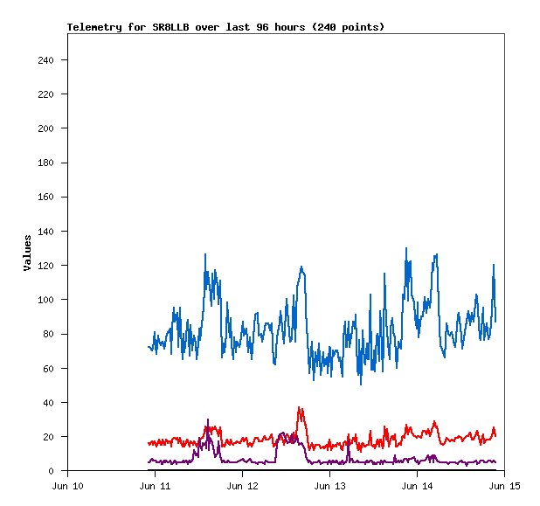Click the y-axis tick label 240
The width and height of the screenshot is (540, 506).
click(x=46, y=60)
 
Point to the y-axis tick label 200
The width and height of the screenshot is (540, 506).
click(x=46, y=128)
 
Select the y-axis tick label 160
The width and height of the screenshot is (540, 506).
click(x=46, y=198)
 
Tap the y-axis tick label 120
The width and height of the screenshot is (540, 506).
click(x=46, y=266)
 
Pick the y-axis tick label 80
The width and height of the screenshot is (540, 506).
click(x=49, y=334)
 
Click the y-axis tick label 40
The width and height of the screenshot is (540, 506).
click(x=49, y=403)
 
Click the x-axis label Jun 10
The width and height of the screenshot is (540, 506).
click(x=68, y=485)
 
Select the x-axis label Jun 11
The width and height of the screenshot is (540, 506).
click(x=155, y=485)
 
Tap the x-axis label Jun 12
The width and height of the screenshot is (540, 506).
click(x=242, y=485)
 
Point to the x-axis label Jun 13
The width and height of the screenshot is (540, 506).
click(x=329, y=485)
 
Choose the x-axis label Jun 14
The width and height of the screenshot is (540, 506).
click(x=417, y=485)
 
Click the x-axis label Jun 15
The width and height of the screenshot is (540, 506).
click(x=504, y=485)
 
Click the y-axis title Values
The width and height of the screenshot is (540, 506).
click(x=27, y=252)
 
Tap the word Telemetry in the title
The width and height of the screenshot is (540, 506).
click(x=94, y=27)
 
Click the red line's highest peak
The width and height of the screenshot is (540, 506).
click(x=299, y=407)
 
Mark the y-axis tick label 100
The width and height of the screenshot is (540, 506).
click(x=46, y=300)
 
